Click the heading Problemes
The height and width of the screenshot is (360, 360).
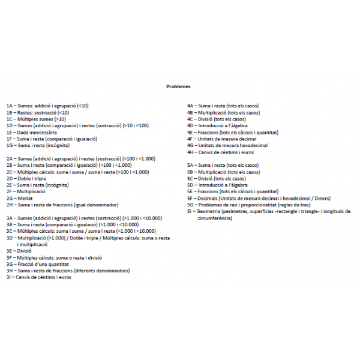click(x=178, y=86)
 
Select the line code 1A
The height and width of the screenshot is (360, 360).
click(x=10, y=106)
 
